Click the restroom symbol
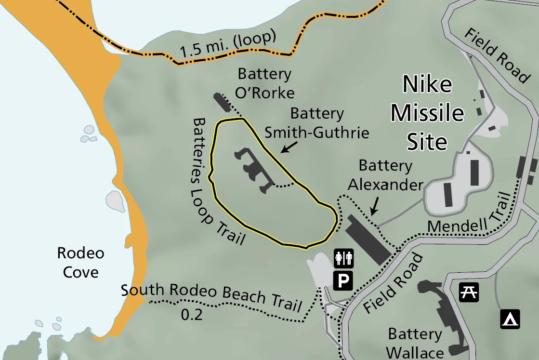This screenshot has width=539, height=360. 344,258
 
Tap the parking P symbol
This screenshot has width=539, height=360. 344,280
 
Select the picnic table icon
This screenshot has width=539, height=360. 468,292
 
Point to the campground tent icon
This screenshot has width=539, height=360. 510,319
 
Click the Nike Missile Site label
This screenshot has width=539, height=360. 427,113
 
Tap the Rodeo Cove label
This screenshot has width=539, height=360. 80,262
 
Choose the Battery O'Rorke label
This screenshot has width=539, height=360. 265,83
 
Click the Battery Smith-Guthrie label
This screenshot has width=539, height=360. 317,122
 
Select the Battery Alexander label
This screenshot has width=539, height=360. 385,175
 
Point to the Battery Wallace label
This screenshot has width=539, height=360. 415,343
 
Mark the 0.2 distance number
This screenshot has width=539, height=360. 191,315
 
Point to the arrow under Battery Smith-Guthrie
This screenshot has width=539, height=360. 289,147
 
